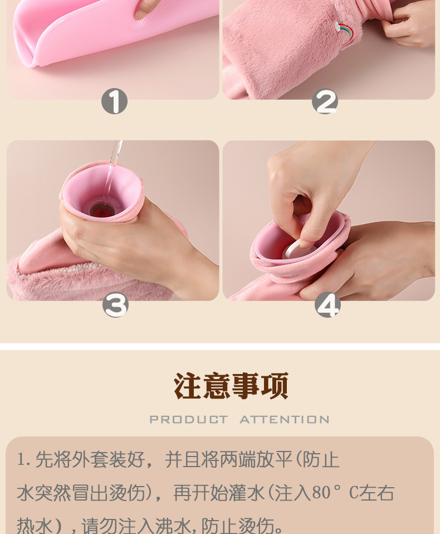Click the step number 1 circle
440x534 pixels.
click(114, 101)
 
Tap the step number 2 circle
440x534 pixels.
click(325, 101)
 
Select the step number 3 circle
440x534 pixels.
click(115, 305)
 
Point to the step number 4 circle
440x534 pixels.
click(327, 304)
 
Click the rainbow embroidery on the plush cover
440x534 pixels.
click(344, 32)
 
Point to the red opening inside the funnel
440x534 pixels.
click(102, 211)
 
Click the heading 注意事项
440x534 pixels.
click(231, 386)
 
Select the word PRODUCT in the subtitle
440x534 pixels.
click(188, 420)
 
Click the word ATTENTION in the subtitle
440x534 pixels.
click(285, 420)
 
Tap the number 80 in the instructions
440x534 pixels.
click(321, 492)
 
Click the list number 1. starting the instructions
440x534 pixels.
click(24, 460)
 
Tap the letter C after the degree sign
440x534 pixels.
click(354, 493)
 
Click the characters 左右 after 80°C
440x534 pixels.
click(377, 492)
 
